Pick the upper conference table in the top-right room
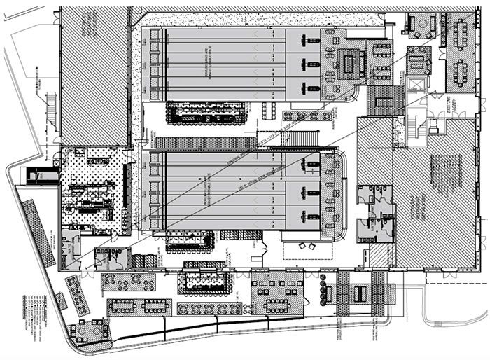tap(460, 32)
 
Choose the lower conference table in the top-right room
tap(460, 70)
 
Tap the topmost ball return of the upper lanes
tap(307, 41)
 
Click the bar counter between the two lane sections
tap(206, 112)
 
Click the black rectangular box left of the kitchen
tap(33, 175)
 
